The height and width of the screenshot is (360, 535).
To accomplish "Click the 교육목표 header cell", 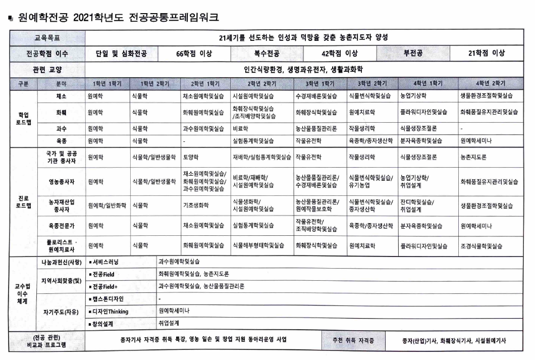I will pos(46,37).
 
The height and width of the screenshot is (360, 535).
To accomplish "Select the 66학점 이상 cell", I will pos(194,53).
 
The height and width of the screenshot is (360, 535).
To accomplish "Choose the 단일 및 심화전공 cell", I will pos(121,53).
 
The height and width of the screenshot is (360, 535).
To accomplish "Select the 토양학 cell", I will pos(190,157).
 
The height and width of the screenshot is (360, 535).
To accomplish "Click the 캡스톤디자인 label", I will pos(109,299).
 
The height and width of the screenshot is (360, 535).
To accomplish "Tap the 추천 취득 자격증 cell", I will pos(353,341).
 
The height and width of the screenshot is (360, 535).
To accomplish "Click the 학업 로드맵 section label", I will pos(23,117).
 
